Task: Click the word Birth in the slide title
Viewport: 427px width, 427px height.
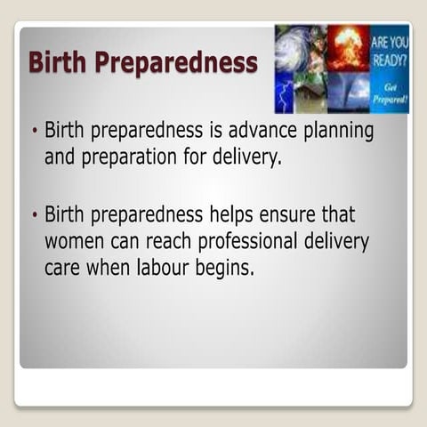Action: coord(59,62)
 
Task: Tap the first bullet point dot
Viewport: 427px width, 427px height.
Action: coord(34,131)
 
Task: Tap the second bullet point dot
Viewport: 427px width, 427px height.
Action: coord(34,214)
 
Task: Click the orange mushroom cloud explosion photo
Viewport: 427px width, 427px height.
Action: coord(347,47)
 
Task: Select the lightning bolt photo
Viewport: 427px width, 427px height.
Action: coord(285,92)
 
